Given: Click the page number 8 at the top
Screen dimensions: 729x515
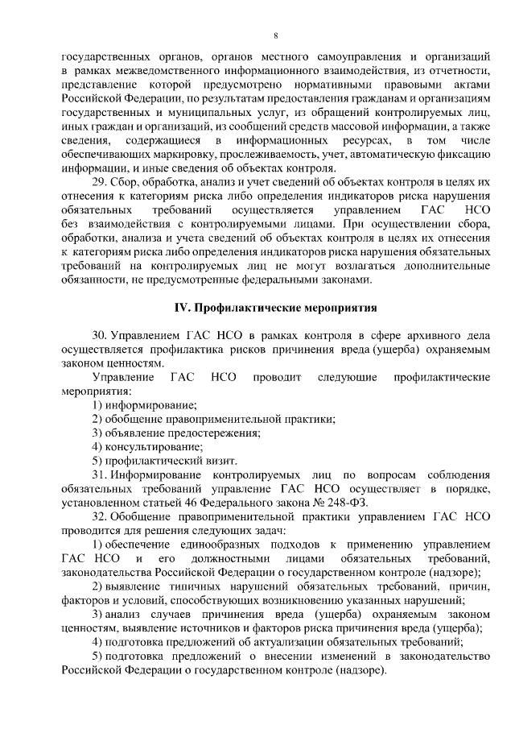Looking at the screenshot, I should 276,35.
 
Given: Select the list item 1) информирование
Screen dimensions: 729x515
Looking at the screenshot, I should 145,404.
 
